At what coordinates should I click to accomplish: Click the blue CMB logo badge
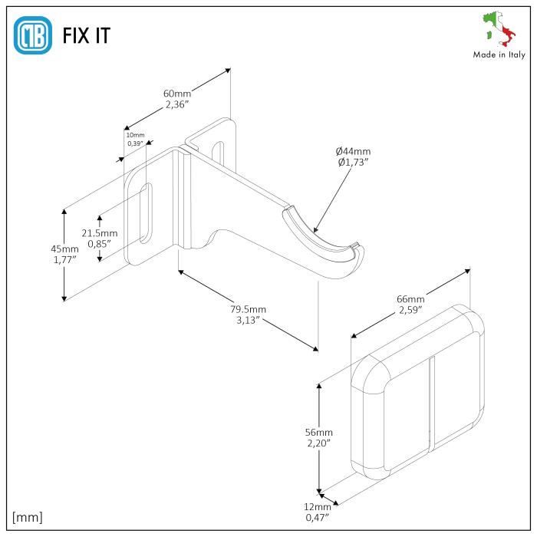34,35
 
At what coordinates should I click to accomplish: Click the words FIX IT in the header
87,36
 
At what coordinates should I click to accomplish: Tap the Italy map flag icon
499,29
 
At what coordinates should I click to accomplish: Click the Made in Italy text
499,54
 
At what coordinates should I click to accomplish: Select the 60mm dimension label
177,94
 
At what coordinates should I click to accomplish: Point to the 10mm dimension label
135,135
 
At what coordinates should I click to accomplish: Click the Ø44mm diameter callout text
353,150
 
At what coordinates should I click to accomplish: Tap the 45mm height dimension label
64,249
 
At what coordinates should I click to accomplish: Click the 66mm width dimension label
410,298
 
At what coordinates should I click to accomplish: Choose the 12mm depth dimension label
318,506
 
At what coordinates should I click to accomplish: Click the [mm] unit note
28,516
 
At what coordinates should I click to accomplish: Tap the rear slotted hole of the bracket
220,151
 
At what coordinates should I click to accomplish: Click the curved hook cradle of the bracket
322,242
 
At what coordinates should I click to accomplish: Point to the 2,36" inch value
178,106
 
